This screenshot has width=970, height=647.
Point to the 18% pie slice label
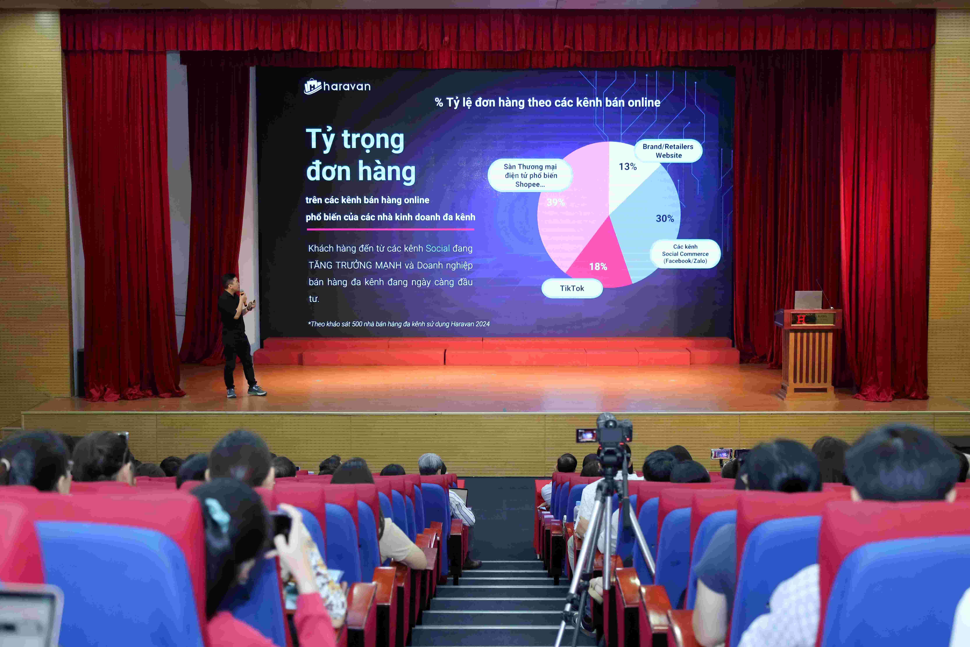pyautogui.click(x=598, y=267)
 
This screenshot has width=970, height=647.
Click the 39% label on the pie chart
pyautogui.click(x=556, y=202)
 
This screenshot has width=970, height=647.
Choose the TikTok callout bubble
pyautogui.click(x=572, y=288)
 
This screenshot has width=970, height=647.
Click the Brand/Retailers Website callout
pyautogui.click(x=668, y=151)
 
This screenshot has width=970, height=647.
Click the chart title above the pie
pyautogui.click(x=547, y=102)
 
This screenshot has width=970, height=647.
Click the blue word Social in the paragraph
pyautogui.click(x=438, y=248)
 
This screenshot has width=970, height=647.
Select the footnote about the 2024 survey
pyautogui.click(x=398, y=324)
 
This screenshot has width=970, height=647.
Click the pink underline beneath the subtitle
pyautogui.click(x=390, y=229)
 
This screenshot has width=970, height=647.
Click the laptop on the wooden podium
pyautogui.click(x=808, y=300)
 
